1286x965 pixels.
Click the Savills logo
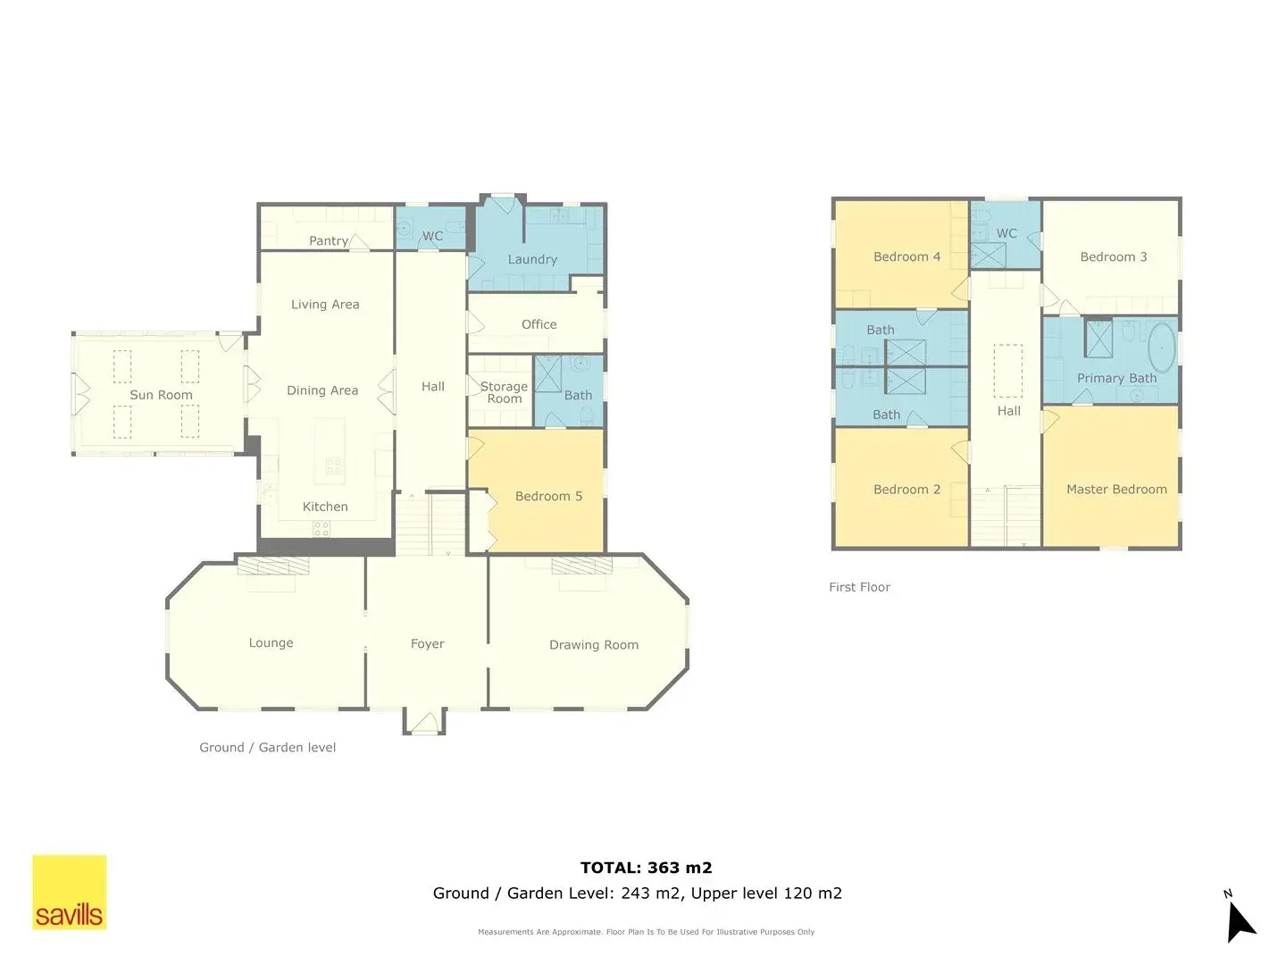coord(69,892)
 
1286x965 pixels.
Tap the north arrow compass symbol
coord(1240,919)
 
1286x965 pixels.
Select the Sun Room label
coord(161,395)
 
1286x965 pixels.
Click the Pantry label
coord(328,241)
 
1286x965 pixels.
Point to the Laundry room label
coord(532,259)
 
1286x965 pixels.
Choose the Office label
coord(539,324)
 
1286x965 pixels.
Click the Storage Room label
coord(504,392)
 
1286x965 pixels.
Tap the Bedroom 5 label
coord(548,496)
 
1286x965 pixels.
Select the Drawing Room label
coord(594,645)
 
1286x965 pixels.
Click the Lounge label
coord(271,642)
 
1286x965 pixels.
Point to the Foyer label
coord(427,644)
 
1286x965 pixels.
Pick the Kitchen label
coord(325,507)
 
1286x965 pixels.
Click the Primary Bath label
coord(1116,379)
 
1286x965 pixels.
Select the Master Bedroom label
coord(1116,490)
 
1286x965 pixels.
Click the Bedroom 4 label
coord(906,256)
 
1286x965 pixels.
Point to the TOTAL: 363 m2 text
coord(647,868)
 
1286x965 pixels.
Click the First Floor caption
coord(859,587)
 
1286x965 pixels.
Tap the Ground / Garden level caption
coord(267,748)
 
